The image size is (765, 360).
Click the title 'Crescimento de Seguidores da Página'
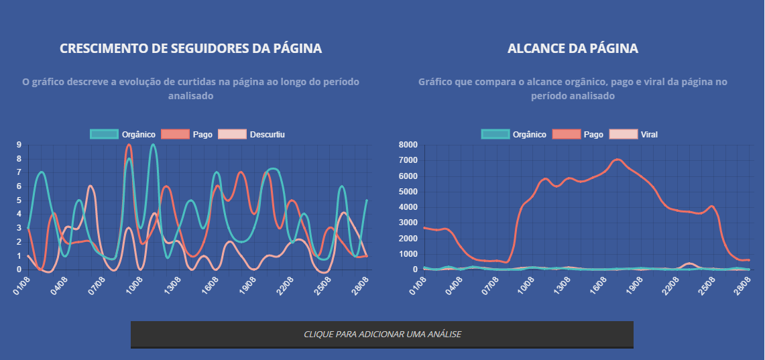click(x=190, y=49)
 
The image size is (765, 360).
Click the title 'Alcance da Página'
click(x=573, y=49)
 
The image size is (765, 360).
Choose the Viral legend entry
click(x=633, y=135)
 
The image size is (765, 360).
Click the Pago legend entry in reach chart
click(x=578, y=135)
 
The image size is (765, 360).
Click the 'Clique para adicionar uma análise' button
click(x=382, y=334)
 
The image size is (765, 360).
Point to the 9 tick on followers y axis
click(x=19, y=145)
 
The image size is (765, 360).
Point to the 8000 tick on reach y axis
click(x=408, y=145)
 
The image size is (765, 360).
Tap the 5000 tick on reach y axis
click(x=408, y=192)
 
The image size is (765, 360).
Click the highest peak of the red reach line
click(x=617, y=160)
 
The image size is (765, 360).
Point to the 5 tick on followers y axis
click(x=19, y=200)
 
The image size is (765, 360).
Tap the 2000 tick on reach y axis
click(x=408, y=239)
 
